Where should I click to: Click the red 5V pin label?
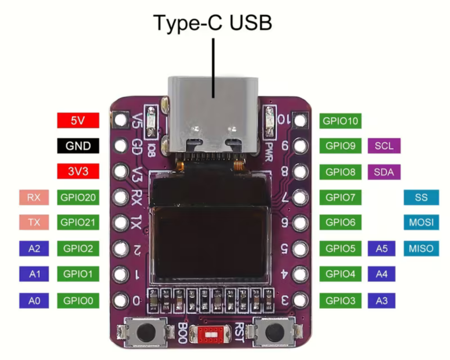coord(78,120)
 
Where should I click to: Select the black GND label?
coord(78,146)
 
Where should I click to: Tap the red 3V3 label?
coord(78,171)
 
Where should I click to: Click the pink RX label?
coord(34,197)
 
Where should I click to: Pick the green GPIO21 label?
coord(78,222)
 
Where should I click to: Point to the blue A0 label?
coord(34,301)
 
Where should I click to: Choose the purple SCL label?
coord(384,146)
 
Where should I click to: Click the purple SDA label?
coord(384,172)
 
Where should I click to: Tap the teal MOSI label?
coord(421,222)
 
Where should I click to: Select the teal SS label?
coord(421,197)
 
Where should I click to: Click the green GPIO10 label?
coord(341,121)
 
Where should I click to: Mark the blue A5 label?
coord(381,248)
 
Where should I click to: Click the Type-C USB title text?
coord(213,23)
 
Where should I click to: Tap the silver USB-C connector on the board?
coord(213,115)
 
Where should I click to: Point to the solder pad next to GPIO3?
coord(300,300)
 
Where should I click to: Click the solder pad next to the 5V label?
coord(121,120)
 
